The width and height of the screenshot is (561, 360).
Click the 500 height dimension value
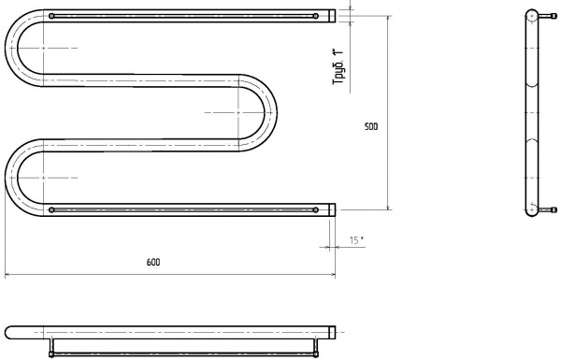[x=371, y=127]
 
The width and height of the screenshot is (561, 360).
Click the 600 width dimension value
[x=152, y=263]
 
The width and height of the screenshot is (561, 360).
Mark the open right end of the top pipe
[x=332, y=16]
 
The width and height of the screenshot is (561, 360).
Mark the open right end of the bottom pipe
[x=332, y=209]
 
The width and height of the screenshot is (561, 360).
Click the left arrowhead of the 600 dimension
[x=8, y=275]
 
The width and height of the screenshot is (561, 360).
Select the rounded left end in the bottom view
[x=8, y=332]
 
